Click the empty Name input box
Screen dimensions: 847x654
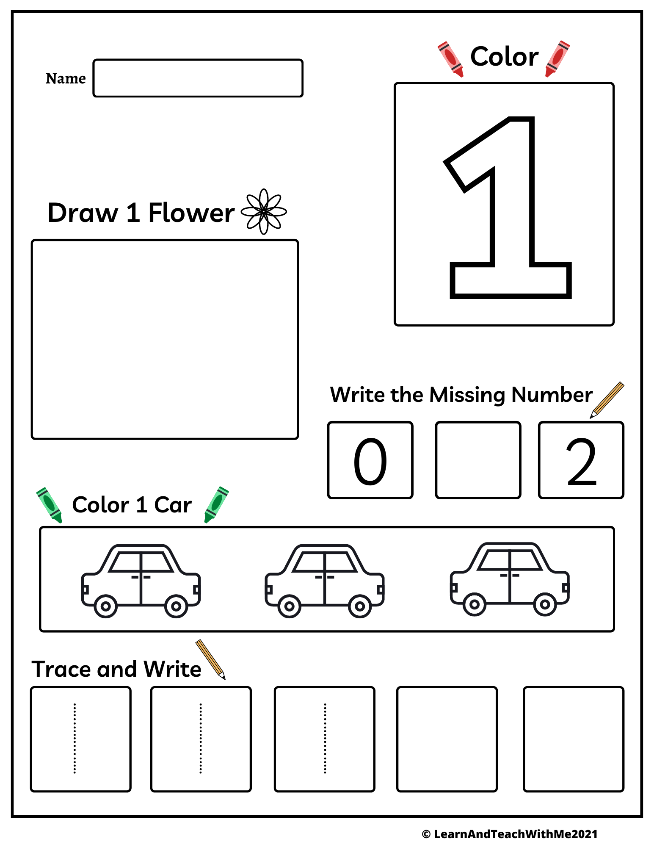pos(198,78)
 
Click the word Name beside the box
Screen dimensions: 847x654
pos(66,79)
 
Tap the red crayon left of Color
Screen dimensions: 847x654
pos(450,59)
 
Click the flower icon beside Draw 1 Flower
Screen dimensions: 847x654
pos(264,211)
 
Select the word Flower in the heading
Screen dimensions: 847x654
pos(191,213)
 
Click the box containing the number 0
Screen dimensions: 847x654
pos(370,460)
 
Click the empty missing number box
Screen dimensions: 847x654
pos(478,460)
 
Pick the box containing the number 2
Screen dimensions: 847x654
pos(581,460)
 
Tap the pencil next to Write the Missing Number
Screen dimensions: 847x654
pos(607,399)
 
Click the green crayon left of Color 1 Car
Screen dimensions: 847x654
pos(49,504)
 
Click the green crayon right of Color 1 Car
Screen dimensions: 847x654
pos(216,504)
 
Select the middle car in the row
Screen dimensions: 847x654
pos(325,580)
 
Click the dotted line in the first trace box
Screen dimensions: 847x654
pos(75,739)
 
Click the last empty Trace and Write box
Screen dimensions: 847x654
pos(574,739)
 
